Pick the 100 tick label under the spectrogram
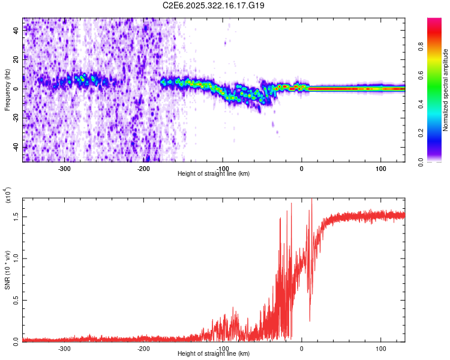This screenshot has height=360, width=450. click(x=380, y=168)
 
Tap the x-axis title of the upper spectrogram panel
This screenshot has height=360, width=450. click(x=214, y=173)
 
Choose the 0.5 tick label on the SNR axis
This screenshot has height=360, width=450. click(x=16, y=300)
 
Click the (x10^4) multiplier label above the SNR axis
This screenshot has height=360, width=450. click(x=8, y=195)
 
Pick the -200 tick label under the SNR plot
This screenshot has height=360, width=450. click(x=143, y=348)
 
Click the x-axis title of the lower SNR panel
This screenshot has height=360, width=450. click(x=214, y=354)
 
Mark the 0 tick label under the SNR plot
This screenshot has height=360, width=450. click(x=302, y=348)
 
